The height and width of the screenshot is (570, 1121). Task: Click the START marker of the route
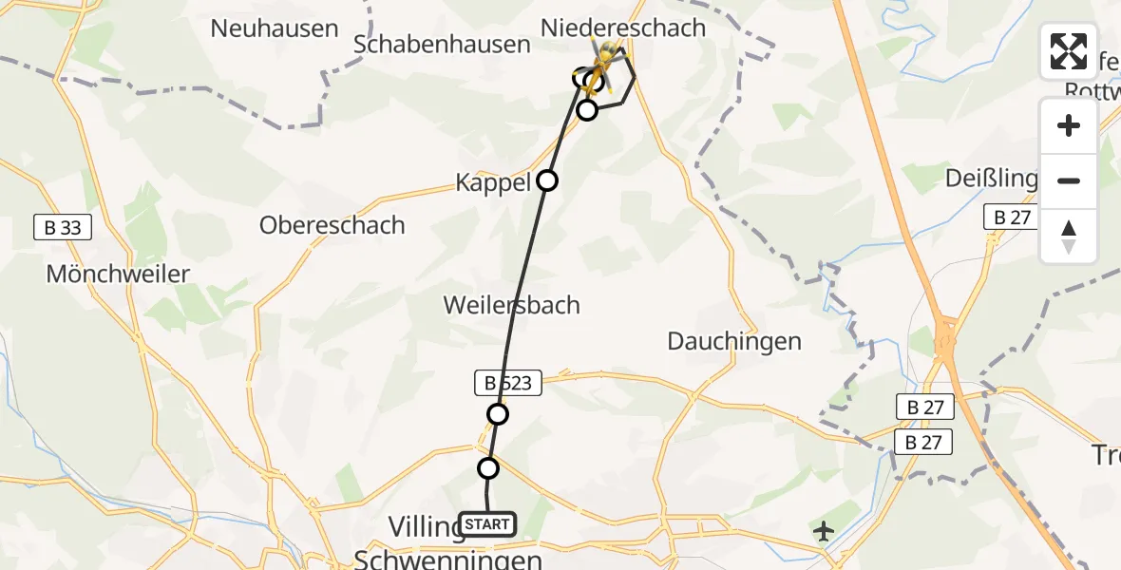coord(487,523)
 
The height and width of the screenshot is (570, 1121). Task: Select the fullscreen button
coord(1068,51)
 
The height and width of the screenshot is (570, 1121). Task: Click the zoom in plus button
coord(1069,125)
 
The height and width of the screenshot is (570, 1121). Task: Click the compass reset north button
coord(1069,237)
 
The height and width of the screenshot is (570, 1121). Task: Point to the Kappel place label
coord(493,182)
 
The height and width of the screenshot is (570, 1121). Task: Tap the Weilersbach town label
coord(511,305)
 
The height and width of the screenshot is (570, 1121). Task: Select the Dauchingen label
coord(734,341)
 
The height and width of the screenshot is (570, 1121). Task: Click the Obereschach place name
coord(332,225)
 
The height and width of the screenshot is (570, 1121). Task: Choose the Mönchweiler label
coord(118,275)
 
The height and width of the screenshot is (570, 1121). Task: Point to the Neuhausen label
coord(275,28)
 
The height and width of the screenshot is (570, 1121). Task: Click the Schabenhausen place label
coord(442,45)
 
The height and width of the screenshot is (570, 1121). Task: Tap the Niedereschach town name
coord(623,28)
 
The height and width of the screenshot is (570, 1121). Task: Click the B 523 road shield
coord(507,384)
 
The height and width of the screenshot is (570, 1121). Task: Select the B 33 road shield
coord(57,227)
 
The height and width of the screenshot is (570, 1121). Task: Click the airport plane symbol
coord(824,530)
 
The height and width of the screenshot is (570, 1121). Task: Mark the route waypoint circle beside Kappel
coord(547,180)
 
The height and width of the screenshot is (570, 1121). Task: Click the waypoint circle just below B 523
coord(498,414)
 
